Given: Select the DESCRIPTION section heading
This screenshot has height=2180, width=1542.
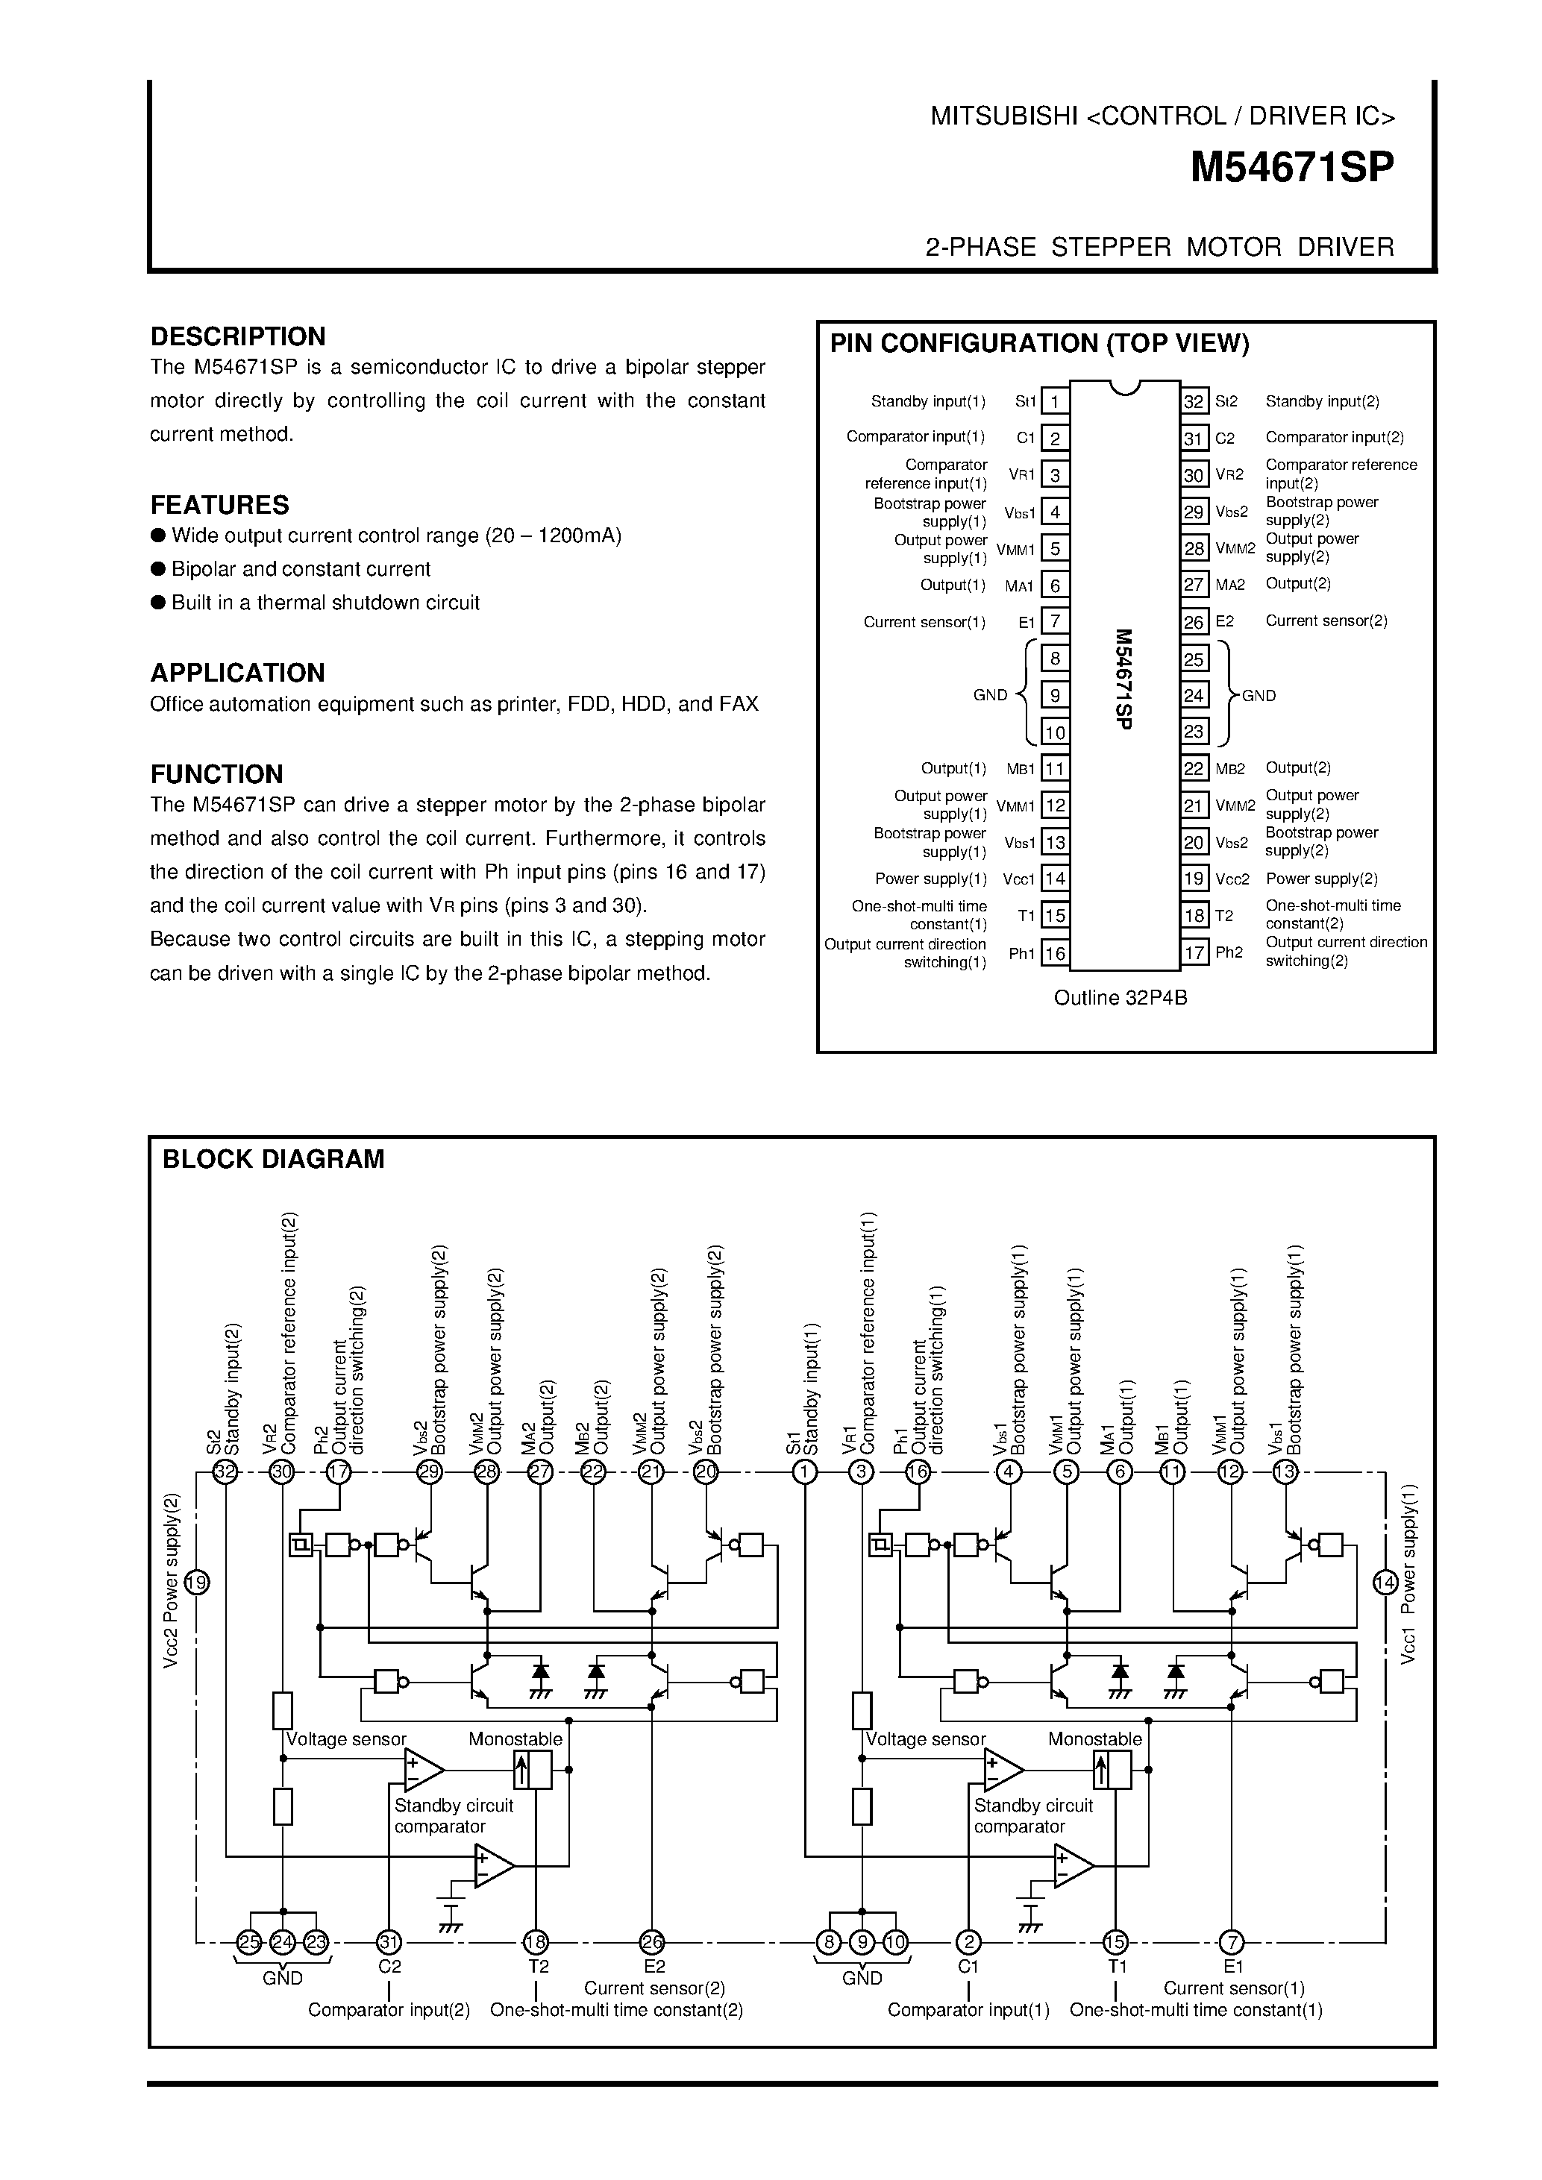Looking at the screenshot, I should tap(237, 336).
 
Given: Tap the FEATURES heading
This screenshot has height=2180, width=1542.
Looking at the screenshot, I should tap(219, 504).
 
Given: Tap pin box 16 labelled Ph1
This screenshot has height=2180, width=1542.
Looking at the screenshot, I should tap(1055, 952).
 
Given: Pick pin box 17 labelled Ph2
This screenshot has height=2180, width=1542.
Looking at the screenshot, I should tap(1194, 952).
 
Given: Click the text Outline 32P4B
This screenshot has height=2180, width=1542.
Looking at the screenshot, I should tap(1121, 998).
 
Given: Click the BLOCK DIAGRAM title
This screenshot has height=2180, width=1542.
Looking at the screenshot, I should tap(274, 1159).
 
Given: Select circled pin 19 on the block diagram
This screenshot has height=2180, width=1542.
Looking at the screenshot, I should tap(196, 1583).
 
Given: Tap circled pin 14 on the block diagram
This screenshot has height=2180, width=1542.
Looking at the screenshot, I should tap(1385, 1583).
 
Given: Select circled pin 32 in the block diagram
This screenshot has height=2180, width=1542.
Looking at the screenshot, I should tap(225, 1473).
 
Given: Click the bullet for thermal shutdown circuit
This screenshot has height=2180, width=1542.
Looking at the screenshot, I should tap(159, 603).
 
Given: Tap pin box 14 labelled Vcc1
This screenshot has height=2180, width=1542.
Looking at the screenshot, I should tap(1055, 879).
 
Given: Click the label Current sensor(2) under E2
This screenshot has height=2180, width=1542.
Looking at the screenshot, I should tap(654, 1988).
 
